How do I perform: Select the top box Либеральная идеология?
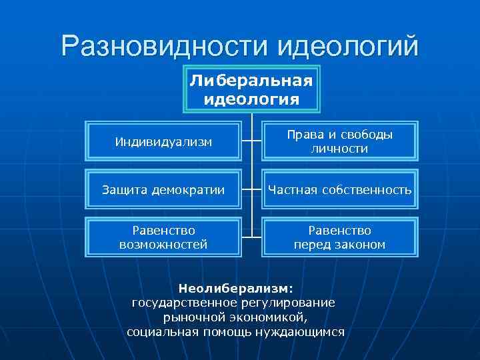point(251,89)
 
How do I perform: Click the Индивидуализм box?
point(163,141)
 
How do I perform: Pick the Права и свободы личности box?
point(339,141)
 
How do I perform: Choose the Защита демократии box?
point(163,190)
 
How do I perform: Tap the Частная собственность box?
point(339,190)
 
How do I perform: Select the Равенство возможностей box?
point(163,237)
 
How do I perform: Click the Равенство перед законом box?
point(339,237)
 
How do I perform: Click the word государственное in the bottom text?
point(179,303)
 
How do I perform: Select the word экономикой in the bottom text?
point(270,317)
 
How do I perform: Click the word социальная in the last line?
point(159,331)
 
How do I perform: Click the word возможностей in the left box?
point(163,245)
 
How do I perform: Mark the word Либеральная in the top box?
point(251,81)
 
